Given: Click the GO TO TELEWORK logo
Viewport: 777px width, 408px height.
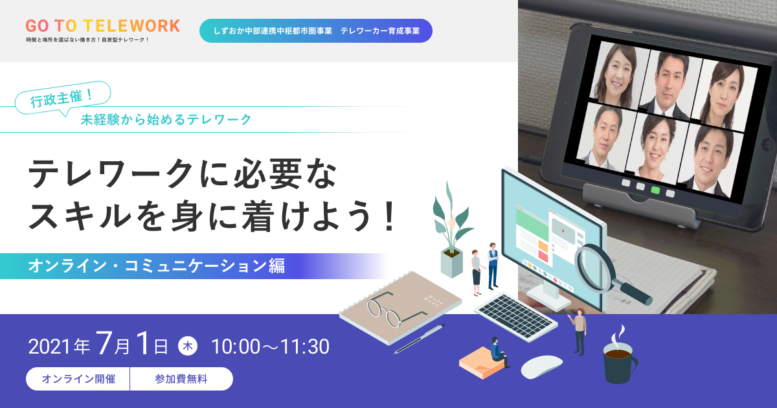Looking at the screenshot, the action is [103, 26].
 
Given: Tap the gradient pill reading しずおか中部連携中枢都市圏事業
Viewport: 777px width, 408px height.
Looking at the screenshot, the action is [316, 31].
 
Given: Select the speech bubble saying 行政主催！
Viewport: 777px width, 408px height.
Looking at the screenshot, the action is [63, 98].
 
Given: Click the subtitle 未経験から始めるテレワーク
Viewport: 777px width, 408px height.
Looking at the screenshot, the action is [166, 119].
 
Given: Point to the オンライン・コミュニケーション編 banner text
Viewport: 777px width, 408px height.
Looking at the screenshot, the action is [157, 266].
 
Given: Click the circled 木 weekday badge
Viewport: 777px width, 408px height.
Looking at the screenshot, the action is [188, 346].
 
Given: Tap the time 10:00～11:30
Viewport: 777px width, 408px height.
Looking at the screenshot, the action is [270, 346].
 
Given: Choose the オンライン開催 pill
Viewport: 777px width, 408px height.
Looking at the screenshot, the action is [78, 379].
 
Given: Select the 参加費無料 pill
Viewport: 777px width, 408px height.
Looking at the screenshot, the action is [181, 379].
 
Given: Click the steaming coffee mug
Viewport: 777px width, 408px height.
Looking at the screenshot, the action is [619, 361].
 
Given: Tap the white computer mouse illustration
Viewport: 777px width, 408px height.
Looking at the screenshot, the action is [541, 367].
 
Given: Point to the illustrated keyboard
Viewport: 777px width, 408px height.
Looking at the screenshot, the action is [516, 317].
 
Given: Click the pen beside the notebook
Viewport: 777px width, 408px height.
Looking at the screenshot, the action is [420, 339].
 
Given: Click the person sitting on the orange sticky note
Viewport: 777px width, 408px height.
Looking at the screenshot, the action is [499, 352].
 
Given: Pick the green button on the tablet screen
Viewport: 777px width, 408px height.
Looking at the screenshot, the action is [655, 190].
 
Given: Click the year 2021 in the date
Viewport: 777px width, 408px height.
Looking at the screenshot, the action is [51, 347].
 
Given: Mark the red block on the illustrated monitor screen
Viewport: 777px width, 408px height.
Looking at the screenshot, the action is [543, 256].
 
